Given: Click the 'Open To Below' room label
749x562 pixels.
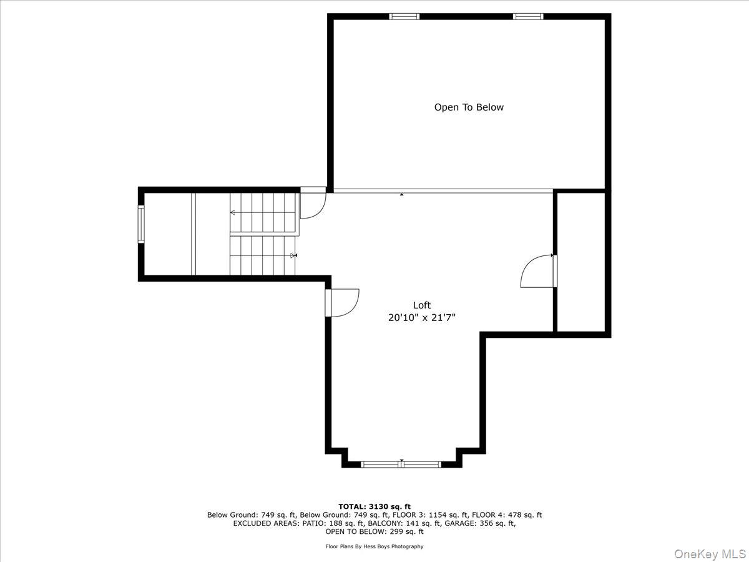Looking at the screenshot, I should pos(469,107).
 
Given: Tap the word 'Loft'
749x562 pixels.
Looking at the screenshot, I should pos(422,305).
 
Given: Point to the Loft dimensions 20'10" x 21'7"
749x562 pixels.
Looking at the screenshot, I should pos(422,318).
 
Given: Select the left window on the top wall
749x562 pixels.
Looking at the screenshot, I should pos(404,16).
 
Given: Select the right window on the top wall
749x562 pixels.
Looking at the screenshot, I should pos(528,16).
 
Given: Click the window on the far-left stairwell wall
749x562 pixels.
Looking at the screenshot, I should pos(141,224).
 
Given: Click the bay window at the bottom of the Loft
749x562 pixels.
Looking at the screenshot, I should pos(401,464).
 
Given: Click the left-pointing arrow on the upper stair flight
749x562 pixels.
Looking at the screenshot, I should pos(233,213).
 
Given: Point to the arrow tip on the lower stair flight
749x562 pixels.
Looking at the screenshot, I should pos(294,255).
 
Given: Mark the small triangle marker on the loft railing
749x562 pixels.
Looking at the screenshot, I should pos(401,195).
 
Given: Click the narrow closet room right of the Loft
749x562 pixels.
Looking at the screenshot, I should pos(582,262).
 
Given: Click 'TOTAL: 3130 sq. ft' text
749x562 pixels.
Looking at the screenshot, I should pos(374,506).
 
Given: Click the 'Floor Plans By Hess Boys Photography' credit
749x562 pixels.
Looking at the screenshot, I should pos(374,546).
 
